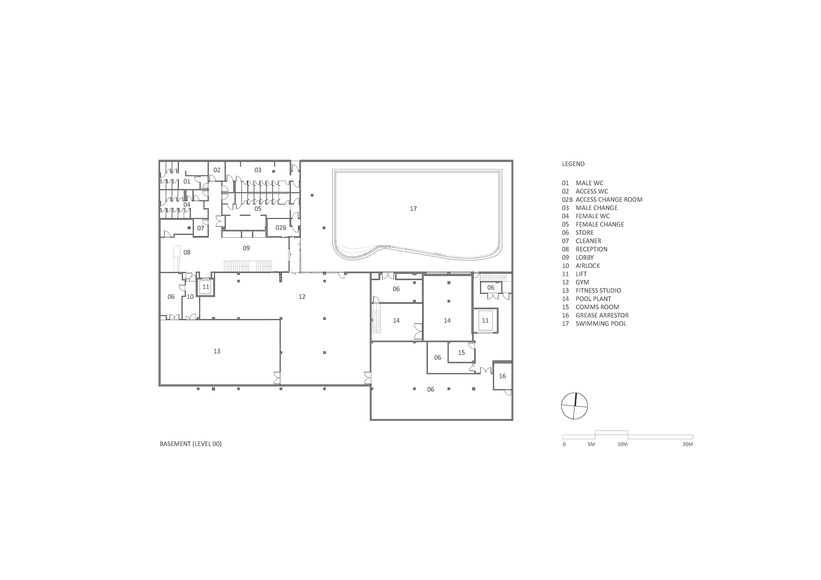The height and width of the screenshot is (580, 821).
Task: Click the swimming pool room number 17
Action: (413, 209)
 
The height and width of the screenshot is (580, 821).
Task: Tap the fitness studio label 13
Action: (217, 351)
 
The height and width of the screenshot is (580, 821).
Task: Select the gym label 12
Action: (302, 297)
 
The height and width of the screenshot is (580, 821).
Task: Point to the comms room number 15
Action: (461, 353)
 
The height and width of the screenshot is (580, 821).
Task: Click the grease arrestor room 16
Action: (502, 376)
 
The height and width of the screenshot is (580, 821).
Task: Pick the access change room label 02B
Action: (281, 228)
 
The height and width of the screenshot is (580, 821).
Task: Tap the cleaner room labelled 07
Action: (201, 228)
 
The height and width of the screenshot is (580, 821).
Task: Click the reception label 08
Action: (187, 252)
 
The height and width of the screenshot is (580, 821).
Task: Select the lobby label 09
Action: (246, 248)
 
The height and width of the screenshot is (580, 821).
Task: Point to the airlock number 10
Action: (190, 297)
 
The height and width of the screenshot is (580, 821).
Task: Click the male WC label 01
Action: (187, 181)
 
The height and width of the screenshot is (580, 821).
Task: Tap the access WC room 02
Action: (217, 170)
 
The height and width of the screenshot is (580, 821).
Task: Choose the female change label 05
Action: (258, 209)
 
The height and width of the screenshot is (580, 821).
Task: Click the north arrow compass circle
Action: (574, 406)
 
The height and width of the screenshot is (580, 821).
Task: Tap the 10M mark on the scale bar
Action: (622, 444)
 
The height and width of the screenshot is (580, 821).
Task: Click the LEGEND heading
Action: (573, 164)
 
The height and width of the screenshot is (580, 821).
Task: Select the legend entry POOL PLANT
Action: (593, 299)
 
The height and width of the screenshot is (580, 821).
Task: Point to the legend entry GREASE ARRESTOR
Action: (602, 315)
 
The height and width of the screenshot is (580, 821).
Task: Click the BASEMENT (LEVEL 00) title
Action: (190, 444)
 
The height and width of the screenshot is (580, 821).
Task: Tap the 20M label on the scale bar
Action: (688, 444)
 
